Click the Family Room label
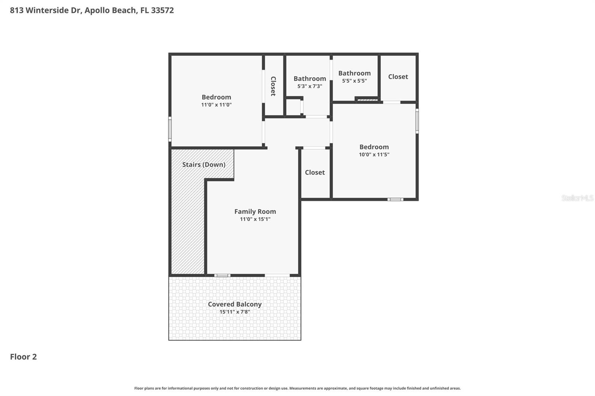(x=255, y=211)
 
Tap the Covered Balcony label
(x=235, y=304)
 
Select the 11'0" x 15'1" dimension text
(x=255, y=219)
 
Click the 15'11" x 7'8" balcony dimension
(x=235, y=312)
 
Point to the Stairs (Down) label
(x=204, y=165)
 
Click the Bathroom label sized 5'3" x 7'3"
(x=310, y=78)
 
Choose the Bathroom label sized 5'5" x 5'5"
(x=354, y=73)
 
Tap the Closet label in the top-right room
(x=398, y=77)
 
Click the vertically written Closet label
(x=273, y=86)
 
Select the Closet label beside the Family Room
(x=315, y=172)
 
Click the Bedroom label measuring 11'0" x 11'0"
(x=216, y=97)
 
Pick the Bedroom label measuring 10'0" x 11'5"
(x=374, y=147)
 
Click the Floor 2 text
(x=23, y=357)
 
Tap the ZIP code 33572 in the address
(x=163, y=10)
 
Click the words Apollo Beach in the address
(x=110, y=10)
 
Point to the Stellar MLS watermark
(x=577, y=198)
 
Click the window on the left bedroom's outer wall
(x=170, y=129)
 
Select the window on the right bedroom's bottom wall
(x=395, y=199)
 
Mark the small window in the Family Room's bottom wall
(x=222, y=275)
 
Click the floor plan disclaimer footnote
(x=297, y=388)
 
